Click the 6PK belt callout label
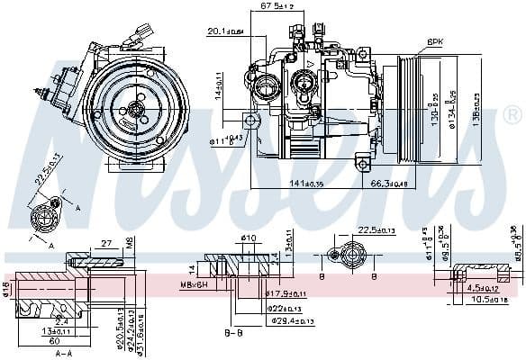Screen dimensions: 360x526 435,41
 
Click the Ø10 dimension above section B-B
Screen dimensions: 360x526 249,238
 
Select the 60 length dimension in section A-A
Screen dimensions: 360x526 54,342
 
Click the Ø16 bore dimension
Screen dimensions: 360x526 6,290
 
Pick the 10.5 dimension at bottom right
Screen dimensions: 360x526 489,298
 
